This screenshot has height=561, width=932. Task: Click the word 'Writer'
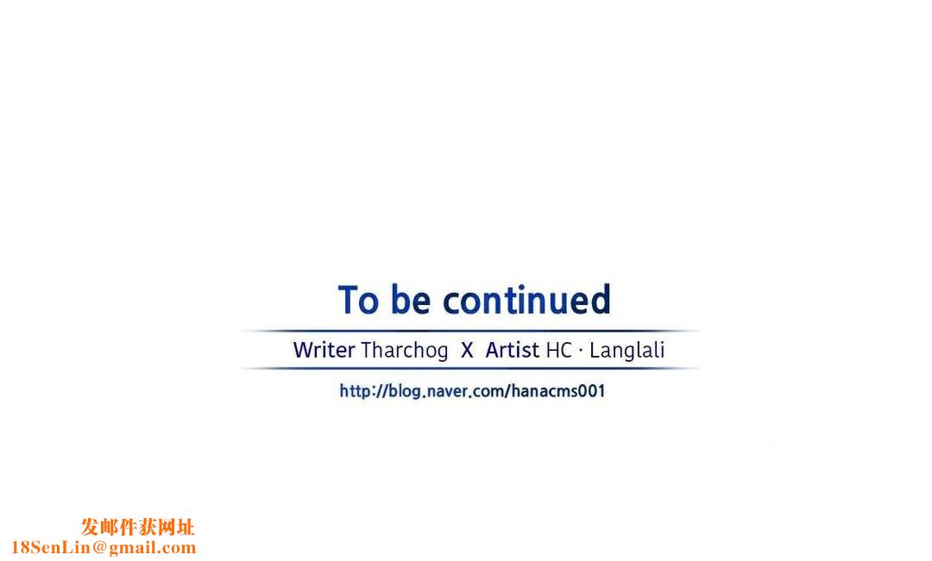(324, 350)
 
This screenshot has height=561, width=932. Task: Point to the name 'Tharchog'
(404, 350)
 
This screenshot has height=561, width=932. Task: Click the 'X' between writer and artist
(467, 350)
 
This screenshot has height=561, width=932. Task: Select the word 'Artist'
(513, 350)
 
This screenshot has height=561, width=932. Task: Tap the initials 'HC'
(558, 350)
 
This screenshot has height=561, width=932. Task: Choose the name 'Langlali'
(627, 350)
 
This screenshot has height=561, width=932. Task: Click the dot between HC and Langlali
(580, 351)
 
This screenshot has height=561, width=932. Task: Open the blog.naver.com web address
(472, 390)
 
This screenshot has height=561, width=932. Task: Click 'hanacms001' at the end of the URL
(557, 390)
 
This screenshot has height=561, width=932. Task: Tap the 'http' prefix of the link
(355, 391)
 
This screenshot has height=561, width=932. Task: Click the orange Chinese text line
(138, 527)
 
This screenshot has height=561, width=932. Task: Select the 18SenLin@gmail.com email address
(104, 547)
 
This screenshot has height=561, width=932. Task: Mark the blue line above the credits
(469, 331)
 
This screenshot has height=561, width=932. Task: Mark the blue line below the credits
(469, 369)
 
